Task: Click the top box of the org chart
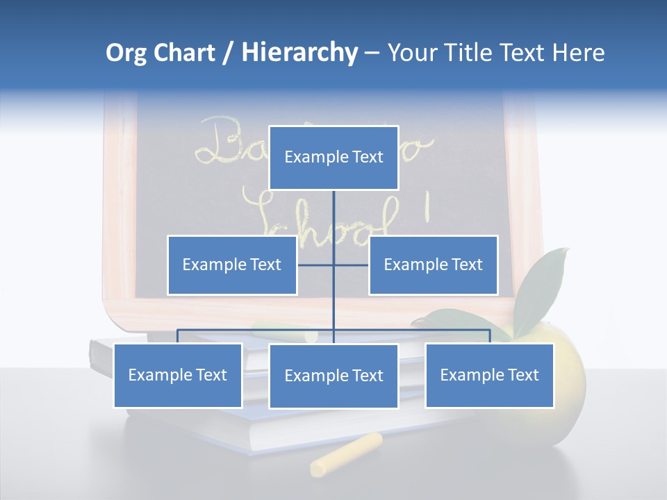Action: (333, 158)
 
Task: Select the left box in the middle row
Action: (232, 265)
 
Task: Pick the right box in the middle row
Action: (434, 265)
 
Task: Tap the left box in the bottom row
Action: (178, 375)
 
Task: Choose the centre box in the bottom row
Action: (333, 376)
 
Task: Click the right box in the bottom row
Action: (490, 375)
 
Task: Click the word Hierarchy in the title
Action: (299, 53)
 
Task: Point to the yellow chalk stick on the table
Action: (346, 455)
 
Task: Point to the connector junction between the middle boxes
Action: (333, 265)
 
